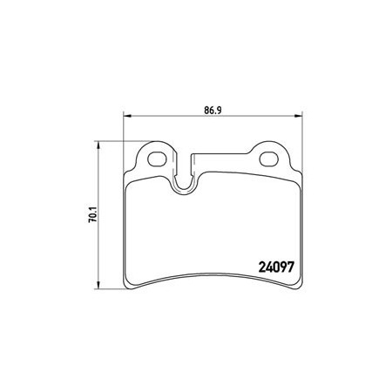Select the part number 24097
[x=276, y=267]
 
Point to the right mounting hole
[x=268, y=159]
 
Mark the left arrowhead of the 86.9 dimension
[x=128, y=116]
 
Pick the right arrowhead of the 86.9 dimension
[x=298, y=116]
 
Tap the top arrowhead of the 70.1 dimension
[x=98, y=145]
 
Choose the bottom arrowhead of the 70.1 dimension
[x=98, y=285]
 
